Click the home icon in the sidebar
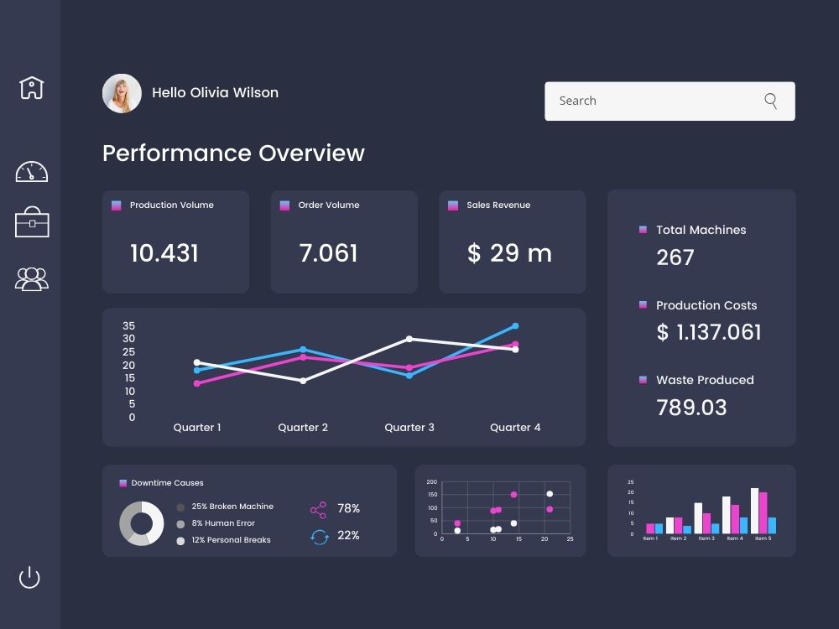click(31, 87)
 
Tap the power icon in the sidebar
click(29, 577)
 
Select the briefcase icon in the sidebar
click(32, 223)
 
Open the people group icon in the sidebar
click(32, 278)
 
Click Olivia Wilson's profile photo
click(122, 93)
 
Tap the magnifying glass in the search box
click(771, 101)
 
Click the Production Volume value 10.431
click(164, 253)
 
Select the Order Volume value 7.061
click(328, 253)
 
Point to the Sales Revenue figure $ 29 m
click(509, 253)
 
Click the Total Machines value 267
click(675, 257)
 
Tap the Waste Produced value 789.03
click(691, 408)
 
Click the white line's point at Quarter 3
click(409, 339)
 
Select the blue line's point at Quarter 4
click(515, 325)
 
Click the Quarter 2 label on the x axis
click(303, 428)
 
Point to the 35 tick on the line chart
click(128, 325)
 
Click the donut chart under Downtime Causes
click(141, 524)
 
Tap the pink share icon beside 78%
click(318, 510)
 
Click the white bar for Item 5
click(754, 511)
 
